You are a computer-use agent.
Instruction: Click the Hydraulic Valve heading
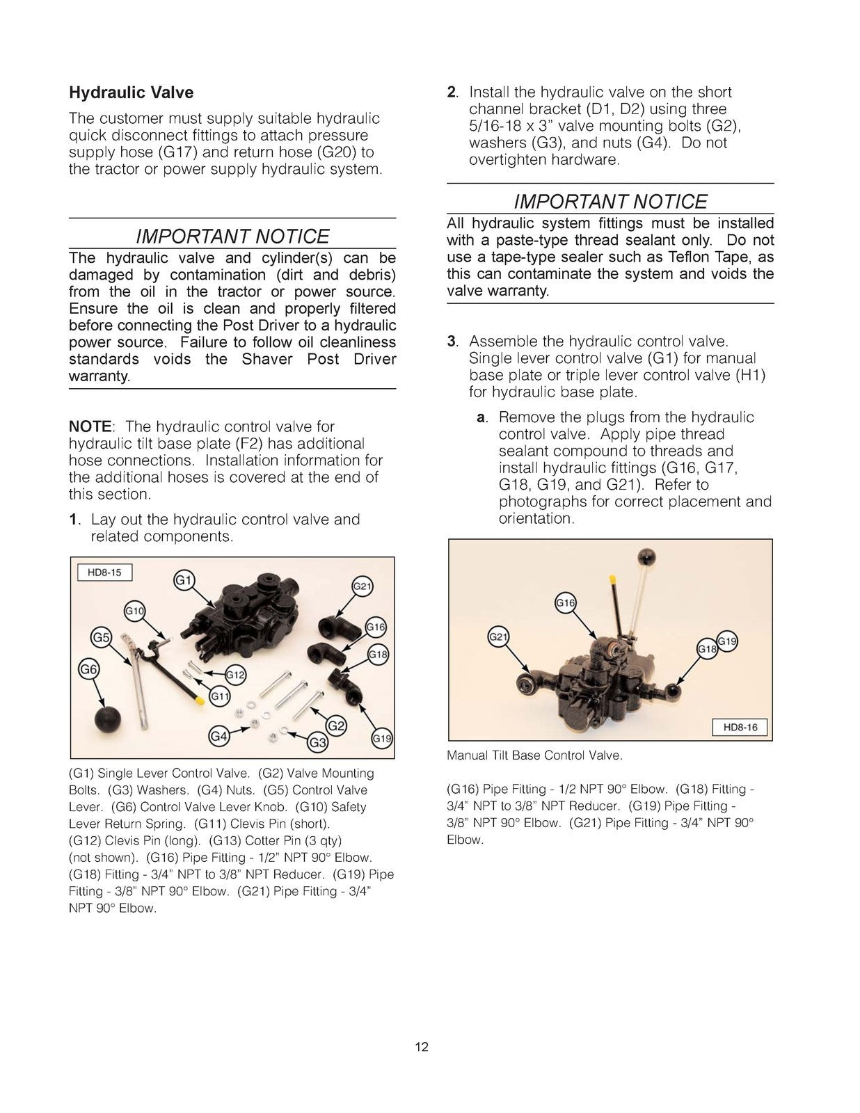131,93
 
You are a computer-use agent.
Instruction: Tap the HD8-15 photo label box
104,572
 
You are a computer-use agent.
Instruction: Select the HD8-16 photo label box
740,728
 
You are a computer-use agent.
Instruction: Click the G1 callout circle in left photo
184,580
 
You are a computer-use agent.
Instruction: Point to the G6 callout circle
88,670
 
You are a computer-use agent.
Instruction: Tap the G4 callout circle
219,736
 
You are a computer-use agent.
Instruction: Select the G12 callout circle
235,675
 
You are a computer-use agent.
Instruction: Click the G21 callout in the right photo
497,636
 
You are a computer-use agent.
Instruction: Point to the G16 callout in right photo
566,603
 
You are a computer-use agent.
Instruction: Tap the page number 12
422,1047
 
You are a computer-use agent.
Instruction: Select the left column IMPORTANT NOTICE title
232,237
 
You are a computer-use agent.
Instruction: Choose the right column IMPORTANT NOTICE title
610,202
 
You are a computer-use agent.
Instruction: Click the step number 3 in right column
452,342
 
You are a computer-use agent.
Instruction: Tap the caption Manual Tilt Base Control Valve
534,755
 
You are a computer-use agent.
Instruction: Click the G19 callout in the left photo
381,739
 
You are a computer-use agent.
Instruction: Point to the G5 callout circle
102,637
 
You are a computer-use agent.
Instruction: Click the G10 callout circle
134,611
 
